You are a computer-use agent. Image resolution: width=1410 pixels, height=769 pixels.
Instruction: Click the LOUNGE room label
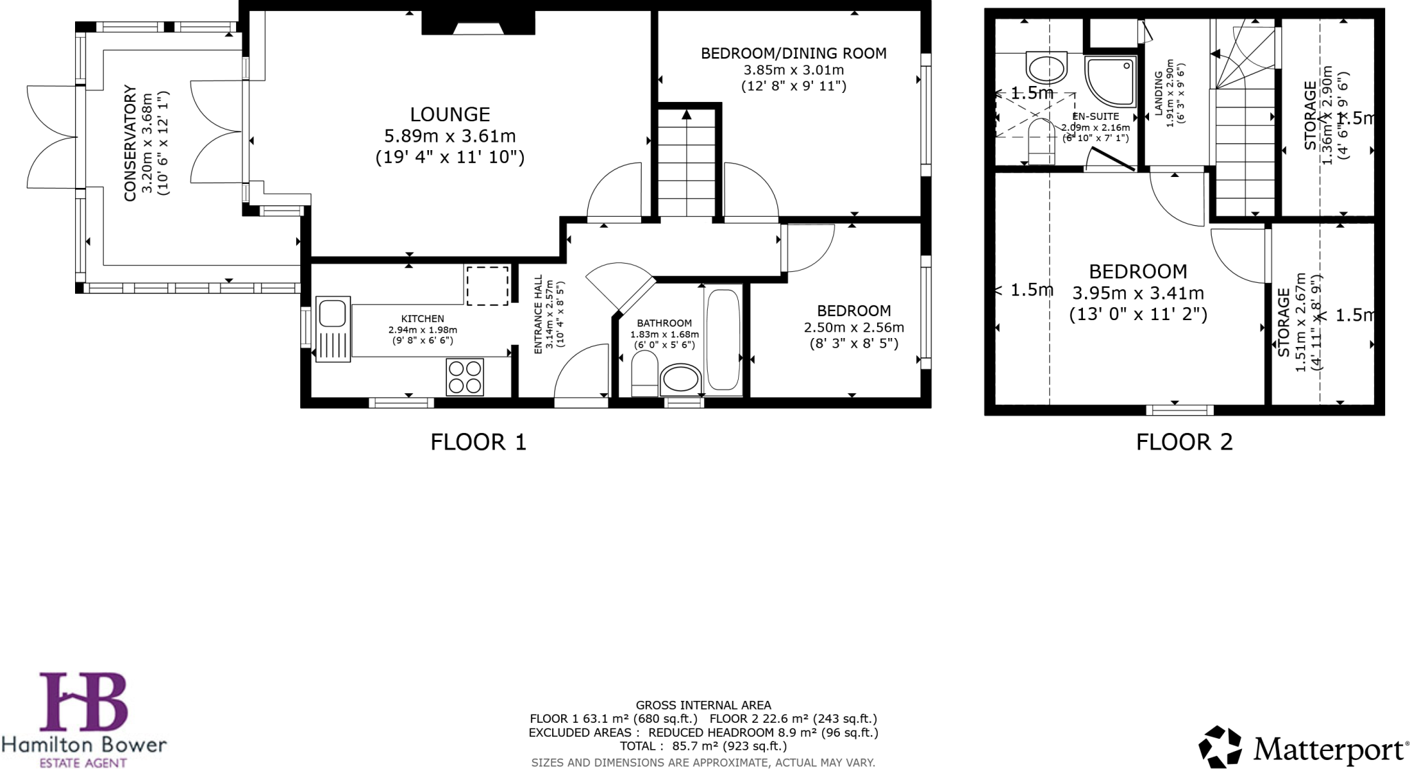tap(450, 114)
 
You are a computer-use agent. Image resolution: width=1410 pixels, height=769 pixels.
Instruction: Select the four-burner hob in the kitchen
tap(465, 377)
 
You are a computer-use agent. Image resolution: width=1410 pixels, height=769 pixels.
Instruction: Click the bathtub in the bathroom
tap(723, 339)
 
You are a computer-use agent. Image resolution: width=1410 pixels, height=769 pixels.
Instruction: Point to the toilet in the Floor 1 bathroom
tap(644, 374)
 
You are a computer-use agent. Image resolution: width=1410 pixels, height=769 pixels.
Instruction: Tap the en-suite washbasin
tap(1046, 68)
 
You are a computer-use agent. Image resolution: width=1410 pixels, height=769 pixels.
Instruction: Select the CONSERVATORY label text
tap(130, 143)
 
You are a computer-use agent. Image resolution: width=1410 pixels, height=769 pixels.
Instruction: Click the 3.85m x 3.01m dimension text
tap(793, 70)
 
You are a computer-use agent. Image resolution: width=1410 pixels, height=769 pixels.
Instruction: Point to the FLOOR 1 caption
tap(478, 442)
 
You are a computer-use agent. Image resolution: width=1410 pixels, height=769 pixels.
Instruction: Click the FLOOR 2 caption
tap(1183, 442)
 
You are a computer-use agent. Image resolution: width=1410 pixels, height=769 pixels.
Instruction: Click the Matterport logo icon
tap(1220, 746)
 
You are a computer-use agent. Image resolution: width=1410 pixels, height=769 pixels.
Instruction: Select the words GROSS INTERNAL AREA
tap(703, 705)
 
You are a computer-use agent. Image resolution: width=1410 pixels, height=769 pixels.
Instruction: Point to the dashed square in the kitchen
tap(487, 286)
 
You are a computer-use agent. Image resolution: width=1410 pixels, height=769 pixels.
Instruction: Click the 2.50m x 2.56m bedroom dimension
tap(854, 328)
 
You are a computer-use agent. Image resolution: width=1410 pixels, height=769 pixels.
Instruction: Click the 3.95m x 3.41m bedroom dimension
tap(1137, 293)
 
